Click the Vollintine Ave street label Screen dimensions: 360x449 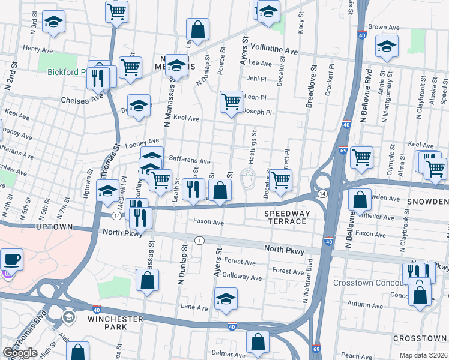click(274, 52)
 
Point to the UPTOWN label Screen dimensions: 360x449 click(54, 227)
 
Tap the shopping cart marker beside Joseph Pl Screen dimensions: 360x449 click(231, 101)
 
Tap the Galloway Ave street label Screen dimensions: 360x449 click(242, 278)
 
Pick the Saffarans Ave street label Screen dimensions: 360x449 click(190, 161)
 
